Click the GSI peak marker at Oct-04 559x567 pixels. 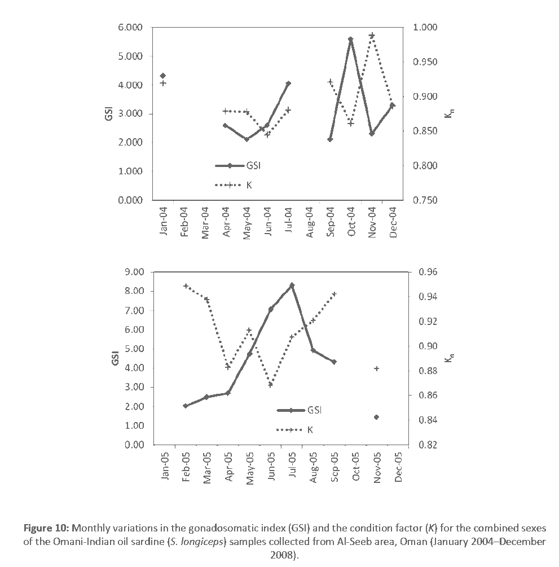[x=350, y=39]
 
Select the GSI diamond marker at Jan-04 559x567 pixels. [x=163, y=76]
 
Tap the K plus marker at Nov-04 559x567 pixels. [x=372, y=36]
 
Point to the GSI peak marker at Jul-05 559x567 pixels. [x=292, y=285]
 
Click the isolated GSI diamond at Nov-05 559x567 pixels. [x=376, y=417]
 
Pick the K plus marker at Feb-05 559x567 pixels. [x=186, y=286]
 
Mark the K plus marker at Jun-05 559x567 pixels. [x=271, y=385]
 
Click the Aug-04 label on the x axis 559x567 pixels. [x=309, y=223]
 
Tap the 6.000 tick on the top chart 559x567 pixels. [x=130, y=28]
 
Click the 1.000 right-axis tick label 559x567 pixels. [x=425, y=28]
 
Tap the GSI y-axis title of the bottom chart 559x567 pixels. [x=115, y=358]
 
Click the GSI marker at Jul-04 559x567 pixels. [x=288, y=83]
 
